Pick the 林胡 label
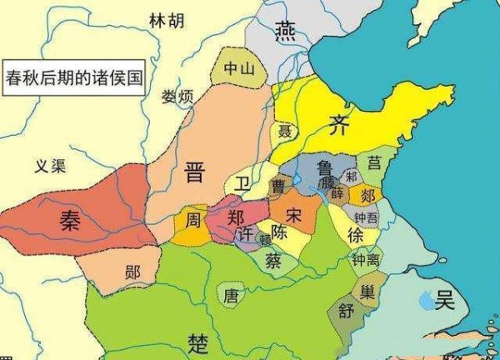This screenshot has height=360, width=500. (164, 21)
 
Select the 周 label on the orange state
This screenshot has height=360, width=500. (192, 222)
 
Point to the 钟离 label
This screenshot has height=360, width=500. (366, 261)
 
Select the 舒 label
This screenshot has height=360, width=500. (345, 312)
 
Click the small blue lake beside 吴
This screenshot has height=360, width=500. (427, 297)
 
